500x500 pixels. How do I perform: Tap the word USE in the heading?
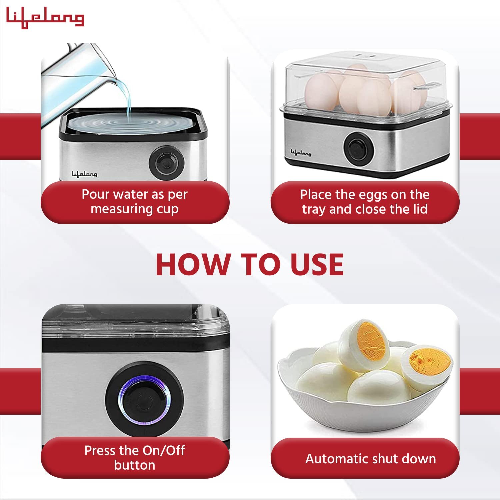(317, 264)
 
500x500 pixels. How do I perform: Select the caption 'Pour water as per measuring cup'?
(135, 202)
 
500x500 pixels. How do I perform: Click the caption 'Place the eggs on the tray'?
(365, 202)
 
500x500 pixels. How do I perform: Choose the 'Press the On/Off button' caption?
(135, 457)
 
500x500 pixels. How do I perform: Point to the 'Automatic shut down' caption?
(370, 459)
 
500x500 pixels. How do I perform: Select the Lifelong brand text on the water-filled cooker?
(84, 174)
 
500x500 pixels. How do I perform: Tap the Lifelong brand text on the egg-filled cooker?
(301, 153)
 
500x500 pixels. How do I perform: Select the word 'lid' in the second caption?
(419, 209)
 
